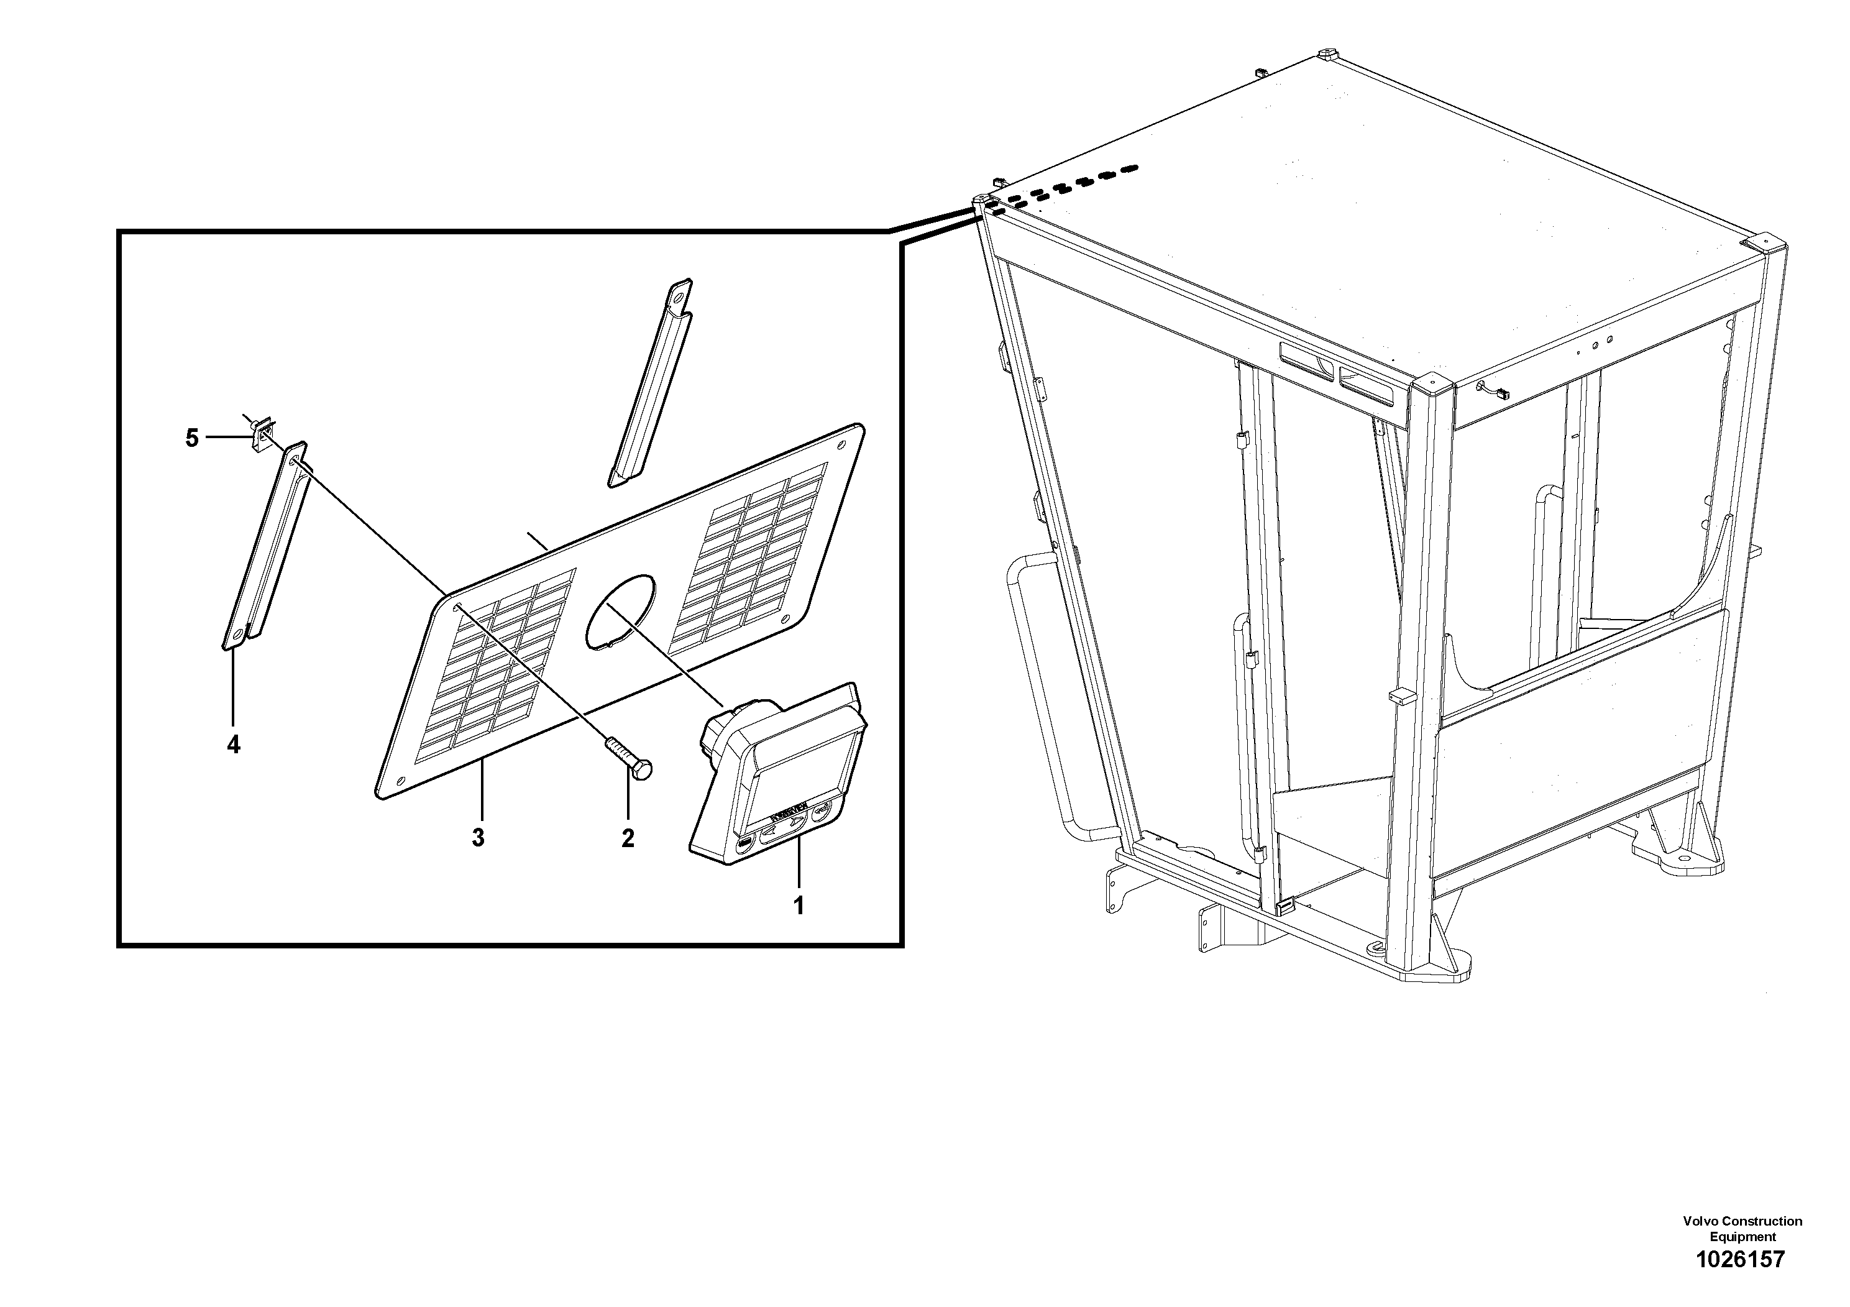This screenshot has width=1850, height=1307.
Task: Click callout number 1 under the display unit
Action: (x=799, y=906)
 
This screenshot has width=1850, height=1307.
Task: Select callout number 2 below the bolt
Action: (x=628, y=838)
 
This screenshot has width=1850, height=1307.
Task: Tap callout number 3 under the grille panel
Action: (x=479, y=838)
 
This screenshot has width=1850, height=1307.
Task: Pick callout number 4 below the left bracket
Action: (x=233, y=745)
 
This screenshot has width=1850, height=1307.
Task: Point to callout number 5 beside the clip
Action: (x=192, y=438)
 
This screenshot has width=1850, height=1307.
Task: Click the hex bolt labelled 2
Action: (x=631, y=758)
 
